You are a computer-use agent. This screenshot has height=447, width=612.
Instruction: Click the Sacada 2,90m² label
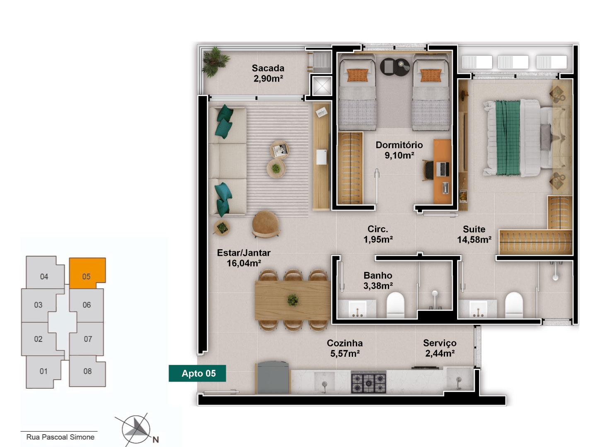268,73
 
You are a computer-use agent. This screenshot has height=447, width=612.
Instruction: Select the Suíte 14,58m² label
474,234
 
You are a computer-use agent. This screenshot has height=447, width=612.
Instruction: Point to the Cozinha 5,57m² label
345,348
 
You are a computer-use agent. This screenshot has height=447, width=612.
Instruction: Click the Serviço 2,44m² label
440,348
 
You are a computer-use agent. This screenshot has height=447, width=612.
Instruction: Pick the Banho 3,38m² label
378,280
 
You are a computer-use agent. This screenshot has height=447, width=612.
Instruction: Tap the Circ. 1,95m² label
378,234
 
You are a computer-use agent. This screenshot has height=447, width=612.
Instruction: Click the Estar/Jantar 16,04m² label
244,257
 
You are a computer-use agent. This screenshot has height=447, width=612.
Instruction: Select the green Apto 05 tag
197,373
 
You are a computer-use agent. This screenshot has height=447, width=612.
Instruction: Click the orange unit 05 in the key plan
87,273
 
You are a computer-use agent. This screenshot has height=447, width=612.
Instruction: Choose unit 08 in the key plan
87,371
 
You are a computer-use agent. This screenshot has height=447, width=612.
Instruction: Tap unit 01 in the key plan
43,372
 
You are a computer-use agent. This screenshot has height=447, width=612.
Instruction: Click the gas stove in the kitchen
368,382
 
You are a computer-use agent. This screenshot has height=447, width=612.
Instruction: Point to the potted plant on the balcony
215,61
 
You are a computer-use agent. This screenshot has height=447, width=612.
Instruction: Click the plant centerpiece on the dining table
293,300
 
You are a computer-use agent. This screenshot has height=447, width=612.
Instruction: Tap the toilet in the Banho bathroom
395,305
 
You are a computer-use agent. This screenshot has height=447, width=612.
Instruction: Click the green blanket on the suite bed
508,138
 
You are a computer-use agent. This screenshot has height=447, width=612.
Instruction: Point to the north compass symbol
136,429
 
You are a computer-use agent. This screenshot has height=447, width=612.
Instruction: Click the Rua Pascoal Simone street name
60,437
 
